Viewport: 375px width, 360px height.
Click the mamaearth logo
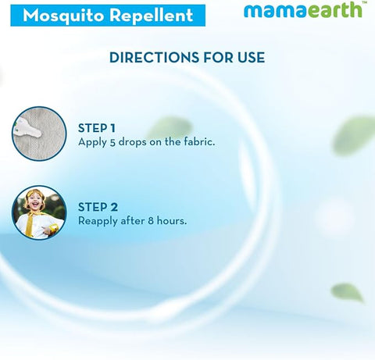point(302,11)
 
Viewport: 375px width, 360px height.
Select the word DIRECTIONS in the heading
point(149,58)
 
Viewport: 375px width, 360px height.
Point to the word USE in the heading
point(249,58)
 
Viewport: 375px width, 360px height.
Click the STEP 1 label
point(98,128)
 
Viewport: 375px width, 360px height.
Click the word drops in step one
point(132,143)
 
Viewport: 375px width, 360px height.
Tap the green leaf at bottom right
point(347,293)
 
